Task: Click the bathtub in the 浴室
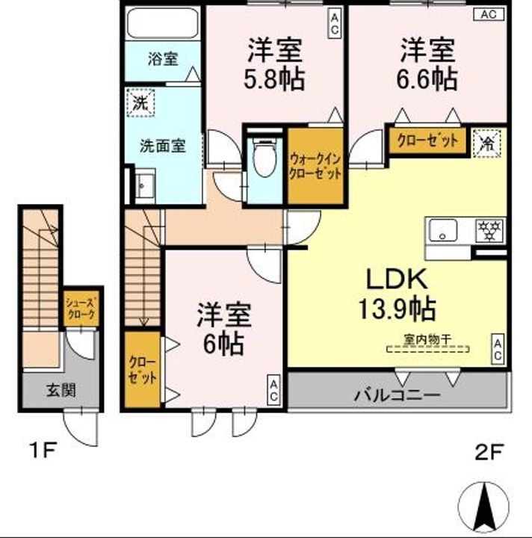coord(162,23)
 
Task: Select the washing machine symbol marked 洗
coord(140,102)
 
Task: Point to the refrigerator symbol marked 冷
coord(486,143)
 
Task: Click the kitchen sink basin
coord(443,230)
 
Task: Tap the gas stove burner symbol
coord(489,230)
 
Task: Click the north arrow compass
coord(484,507)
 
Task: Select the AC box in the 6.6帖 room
coord(489,14)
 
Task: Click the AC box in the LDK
coord(498,349)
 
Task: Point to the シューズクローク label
coord(81,309)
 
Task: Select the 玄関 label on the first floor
coord(61,390)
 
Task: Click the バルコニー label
coord(397,395)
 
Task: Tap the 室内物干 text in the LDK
coord(427,340)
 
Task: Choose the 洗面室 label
coord(163,146)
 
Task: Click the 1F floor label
coord(43,450)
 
